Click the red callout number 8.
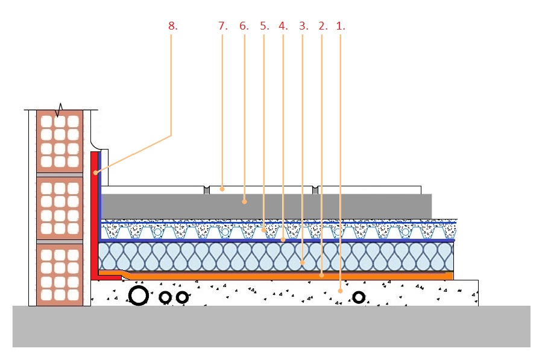point(173,26)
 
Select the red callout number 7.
point(223,26)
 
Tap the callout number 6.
point(244,26)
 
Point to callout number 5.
point(265,26)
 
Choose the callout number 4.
point(283,26)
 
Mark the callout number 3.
point(304,26)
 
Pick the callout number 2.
point(323,26)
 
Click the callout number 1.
point(341,26)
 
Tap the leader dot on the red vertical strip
point(95,172)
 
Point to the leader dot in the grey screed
point(244,201)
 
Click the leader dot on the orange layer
point(322,276)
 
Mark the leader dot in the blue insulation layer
point(302,262)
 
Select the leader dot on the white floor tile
point(222,189)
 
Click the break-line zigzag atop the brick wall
point(60,110)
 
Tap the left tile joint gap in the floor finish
point(207,190)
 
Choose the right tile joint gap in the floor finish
point(315,190)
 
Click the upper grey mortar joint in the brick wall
point(60,175)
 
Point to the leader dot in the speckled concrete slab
point(341,291)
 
